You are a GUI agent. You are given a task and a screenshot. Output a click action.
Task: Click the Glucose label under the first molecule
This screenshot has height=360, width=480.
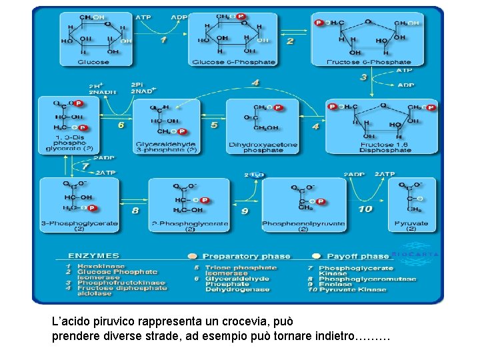pyautogui.click(x=93, y=62)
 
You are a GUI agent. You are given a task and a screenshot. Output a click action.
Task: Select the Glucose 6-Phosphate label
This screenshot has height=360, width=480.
pyautogui.click(x=233, y=62)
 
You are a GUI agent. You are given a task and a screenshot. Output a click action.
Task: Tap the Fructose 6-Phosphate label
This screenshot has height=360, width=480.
pyautogui.click(x=369, y=62)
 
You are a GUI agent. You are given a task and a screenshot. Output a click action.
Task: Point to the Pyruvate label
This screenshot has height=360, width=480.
pyautogui.click(x=411, y=223)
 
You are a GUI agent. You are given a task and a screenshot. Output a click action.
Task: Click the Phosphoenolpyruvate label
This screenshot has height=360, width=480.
pyautogui.click(x=303, y=223)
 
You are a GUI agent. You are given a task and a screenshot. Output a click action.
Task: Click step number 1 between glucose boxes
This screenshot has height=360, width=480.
pyautogui.click(x=164, y=39)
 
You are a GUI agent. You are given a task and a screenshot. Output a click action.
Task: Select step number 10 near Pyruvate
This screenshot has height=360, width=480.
pyautogui.click(x=365, y=209)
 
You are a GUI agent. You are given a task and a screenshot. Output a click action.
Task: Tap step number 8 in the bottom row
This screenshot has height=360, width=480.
pyautogui.click(x=135, y=210)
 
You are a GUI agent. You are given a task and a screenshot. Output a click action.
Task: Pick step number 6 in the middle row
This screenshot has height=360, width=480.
pyautogui.click(x=121, y=124)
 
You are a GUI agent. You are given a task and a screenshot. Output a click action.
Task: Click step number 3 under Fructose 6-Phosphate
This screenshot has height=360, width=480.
pyautogui.click(x=363, y=77)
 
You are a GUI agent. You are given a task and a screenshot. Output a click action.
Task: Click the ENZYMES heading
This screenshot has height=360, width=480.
pyautogui.click(x=94, y=255)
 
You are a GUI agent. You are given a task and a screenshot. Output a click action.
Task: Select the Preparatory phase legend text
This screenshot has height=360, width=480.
pyautogui.click(x=246, y=256)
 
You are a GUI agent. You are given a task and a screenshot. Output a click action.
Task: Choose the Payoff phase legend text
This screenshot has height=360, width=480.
pyautogui.click(x=358, y=256)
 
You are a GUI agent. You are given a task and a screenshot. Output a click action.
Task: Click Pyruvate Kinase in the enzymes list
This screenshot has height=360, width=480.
pyautogui.click(x=352, y=290)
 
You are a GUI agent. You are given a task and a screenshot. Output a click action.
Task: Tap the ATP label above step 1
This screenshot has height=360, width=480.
pyautogui.click(x=143, y=17)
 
